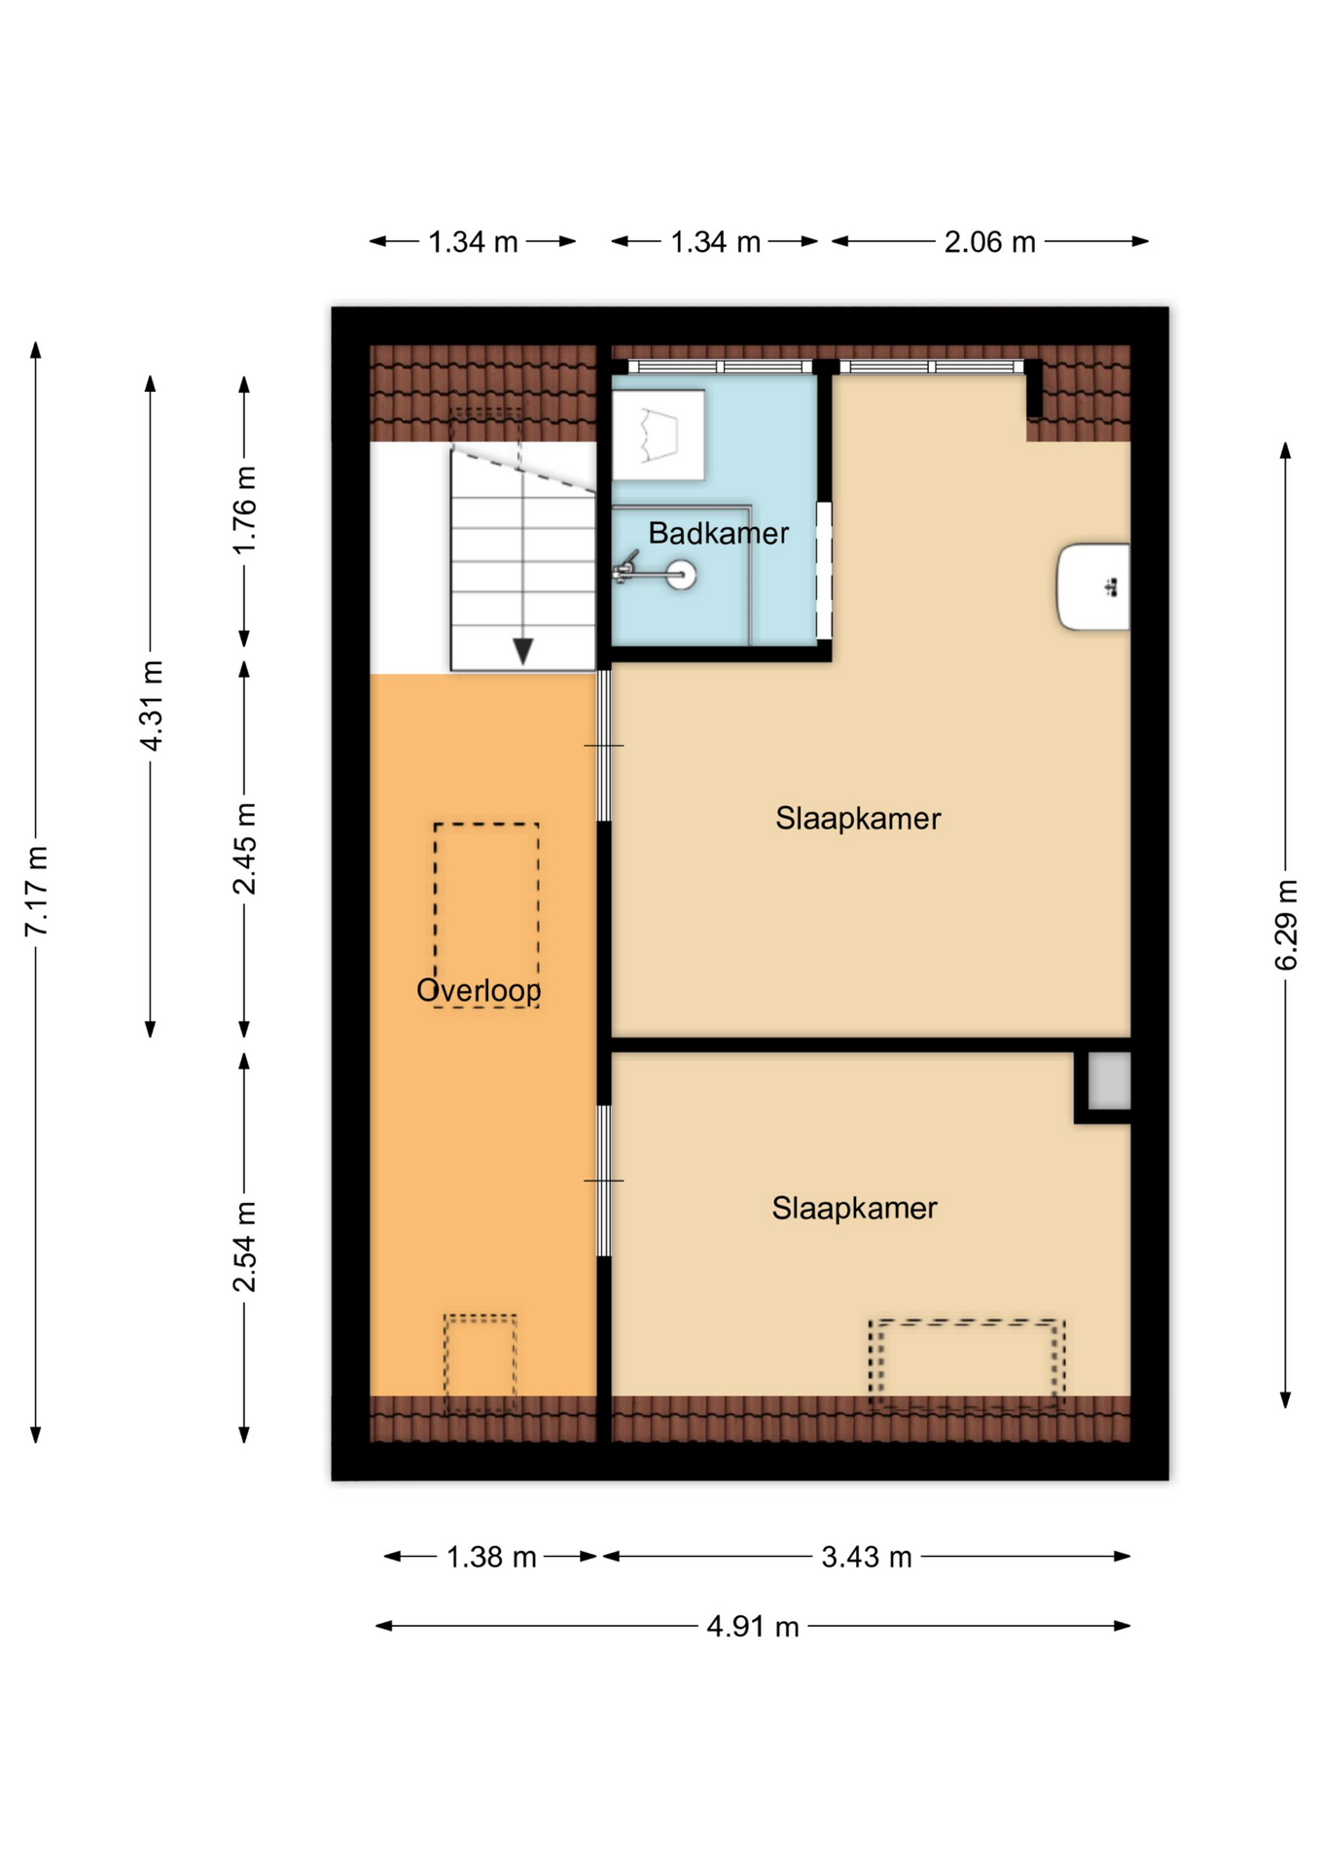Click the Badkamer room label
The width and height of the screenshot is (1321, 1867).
click(x=718, y=533)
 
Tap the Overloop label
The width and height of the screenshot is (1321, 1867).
click(x=478, y=990)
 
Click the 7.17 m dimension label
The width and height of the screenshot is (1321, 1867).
click(x=36, y=891)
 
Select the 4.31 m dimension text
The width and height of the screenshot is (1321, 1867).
click(x=151, y=705)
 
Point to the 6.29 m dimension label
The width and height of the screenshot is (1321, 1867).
click(x=1285, y=924)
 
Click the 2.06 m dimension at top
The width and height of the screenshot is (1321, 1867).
click(x=989, y=241)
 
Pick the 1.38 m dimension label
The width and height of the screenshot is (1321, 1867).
click(x=490, y=1557)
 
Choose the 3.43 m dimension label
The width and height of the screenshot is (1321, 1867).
click(x=866, y=1557)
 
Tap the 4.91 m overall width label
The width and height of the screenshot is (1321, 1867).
click(x=752, y=1626)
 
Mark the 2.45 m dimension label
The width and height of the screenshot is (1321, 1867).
click(x=244, y=848)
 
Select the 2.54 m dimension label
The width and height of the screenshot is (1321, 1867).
click(x=244, y=1246)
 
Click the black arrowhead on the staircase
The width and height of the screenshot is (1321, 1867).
click(x=522, y=651)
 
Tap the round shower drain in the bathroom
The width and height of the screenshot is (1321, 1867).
click(x=681, y=575)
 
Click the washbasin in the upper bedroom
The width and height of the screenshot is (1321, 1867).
click(x=1093, y=586)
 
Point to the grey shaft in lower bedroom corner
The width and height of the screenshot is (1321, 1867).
click(x=1108, y=1080)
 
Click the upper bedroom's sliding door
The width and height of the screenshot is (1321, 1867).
click(x=603, y=746)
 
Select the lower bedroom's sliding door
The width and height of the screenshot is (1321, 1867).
click(x=603, y=1180)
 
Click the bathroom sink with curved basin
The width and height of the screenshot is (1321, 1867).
click(x=658, y=435)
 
